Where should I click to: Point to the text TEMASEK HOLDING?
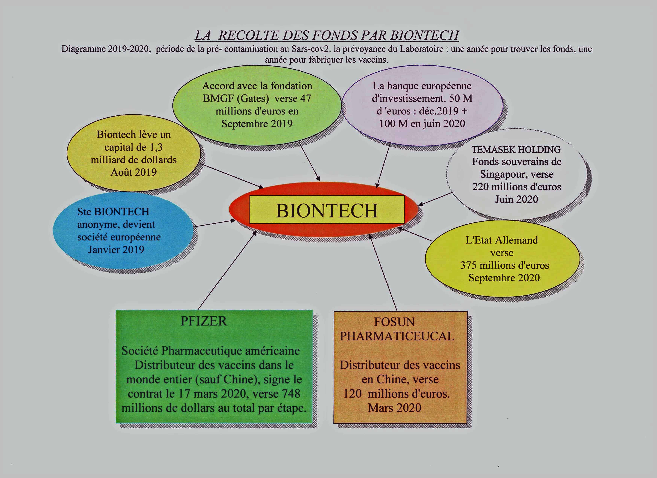point(516,150)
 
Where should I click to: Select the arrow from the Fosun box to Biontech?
point(383,273)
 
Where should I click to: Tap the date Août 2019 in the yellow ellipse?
point(133,172)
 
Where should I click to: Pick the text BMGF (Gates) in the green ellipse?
point(236,99)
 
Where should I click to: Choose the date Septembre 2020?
point(504,278)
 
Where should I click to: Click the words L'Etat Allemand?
point(502,240)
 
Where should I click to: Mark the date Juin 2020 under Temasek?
point(516,199)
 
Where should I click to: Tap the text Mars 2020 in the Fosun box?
point(395,408)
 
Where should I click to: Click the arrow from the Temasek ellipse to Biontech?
point(435,199)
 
